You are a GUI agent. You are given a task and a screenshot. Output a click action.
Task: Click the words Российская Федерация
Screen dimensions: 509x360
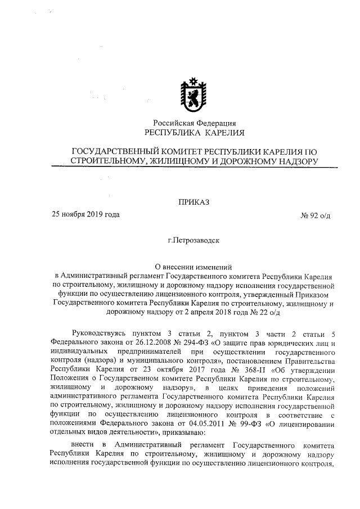pyautogui.click(x=195, y=123)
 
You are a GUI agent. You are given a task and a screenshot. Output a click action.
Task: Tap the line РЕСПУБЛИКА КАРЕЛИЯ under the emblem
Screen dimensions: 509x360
pyautogui.click(x=195, y=133)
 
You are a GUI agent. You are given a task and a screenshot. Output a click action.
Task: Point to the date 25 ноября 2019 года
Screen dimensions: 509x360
pyautogui.click(x=85, y=214)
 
